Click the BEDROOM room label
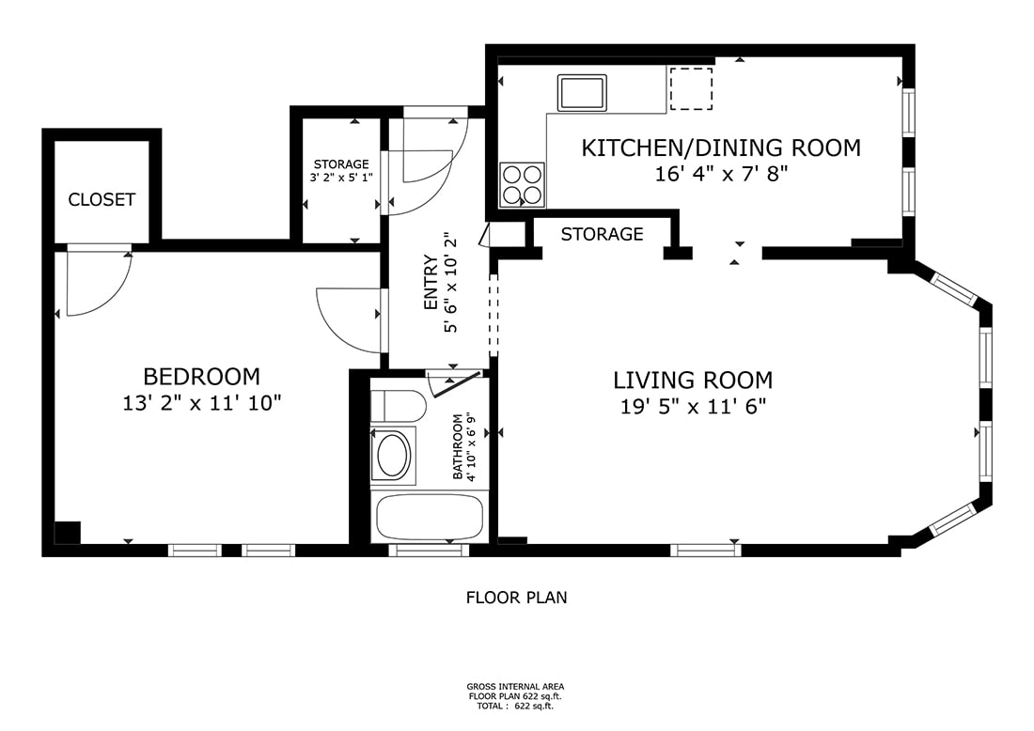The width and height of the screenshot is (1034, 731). [x=202, y=377]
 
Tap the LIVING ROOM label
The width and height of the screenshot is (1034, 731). [x=693, y=381]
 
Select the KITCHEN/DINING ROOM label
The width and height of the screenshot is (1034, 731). [x=721, y=148]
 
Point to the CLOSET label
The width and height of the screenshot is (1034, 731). [x=102, y=200]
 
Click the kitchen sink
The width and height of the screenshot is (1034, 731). [x=582, y=93]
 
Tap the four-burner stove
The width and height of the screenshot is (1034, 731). [x=523, y=184]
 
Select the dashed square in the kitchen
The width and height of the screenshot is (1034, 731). [x=691, y=88]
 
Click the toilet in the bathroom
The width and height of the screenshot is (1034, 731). [x=398, y=406]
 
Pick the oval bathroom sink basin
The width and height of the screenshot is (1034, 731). [x=393, y=455]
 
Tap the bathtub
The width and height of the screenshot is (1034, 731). [x=430, y=518]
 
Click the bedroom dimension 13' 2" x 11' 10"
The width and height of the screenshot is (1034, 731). [x=202, y=403]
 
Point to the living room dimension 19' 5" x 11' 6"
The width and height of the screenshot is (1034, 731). [x=693, y=407]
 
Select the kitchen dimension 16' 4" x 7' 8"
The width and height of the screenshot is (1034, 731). [x=721, y=174]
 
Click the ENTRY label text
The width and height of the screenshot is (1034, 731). [x=431, y=282]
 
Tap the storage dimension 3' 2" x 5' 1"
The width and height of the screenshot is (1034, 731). [x=341, y=178]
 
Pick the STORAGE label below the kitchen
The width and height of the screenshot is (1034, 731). [x=602, y=234]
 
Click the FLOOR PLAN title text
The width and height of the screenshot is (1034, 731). [x=516, y=598]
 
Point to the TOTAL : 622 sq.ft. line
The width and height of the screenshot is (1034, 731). [x=516, y=706]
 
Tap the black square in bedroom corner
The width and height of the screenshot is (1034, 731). [x=68, y=533]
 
